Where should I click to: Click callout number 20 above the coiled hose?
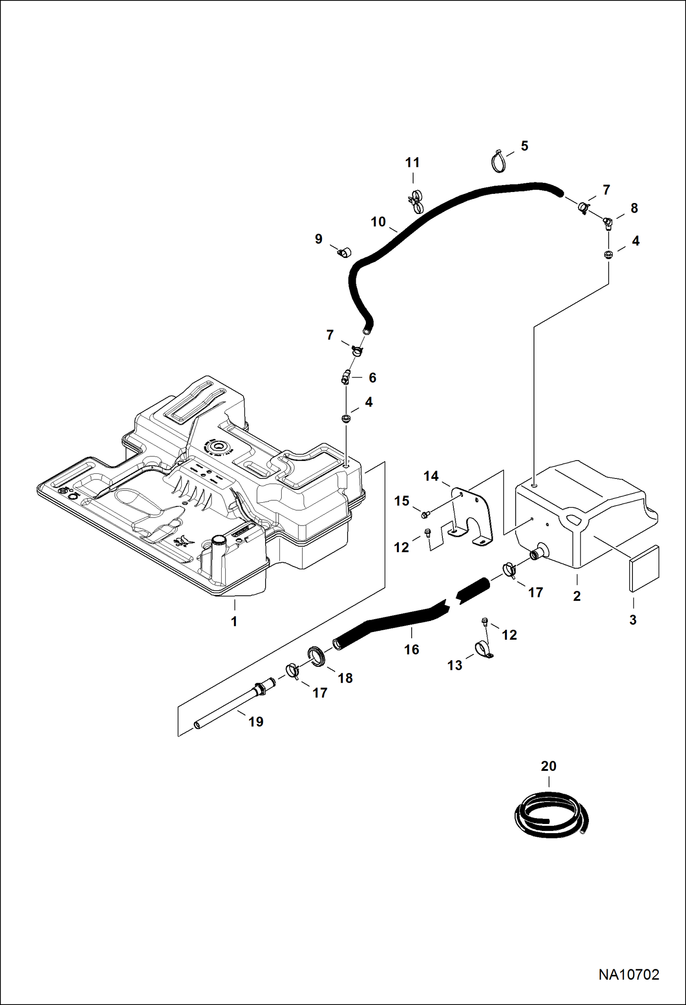pos(548,766)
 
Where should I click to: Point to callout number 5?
pos(524,146)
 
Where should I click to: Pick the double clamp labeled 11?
pos(415,202)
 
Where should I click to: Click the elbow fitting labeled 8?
pos(607,223)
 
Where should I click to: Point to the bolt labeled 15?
pos(425,515)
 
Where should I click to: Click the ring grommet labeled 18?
pos(316,655)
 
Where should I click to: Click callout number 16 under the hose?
pos(411,649)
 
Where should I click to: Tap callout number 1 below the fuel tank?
pos(234,621)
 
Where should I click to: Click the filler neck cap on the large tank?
pos(218,539)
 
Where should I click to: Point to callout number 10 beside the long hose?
pos(378,222)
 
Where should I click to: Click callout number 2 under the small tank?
pos(577,596)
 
